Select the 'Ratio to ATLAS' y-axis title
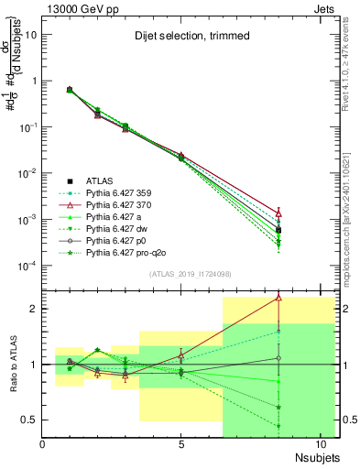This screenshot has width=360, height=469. click(13, 365)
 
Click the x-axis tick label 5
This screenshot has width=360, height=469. click(181, 443)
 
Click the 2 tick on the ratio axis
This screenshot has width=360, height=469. click(34, 309)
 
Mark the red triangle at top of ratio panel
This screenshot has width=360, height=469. click(278, 298)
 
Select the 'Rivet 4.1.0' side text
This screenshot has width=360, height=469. click(351, 55)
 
